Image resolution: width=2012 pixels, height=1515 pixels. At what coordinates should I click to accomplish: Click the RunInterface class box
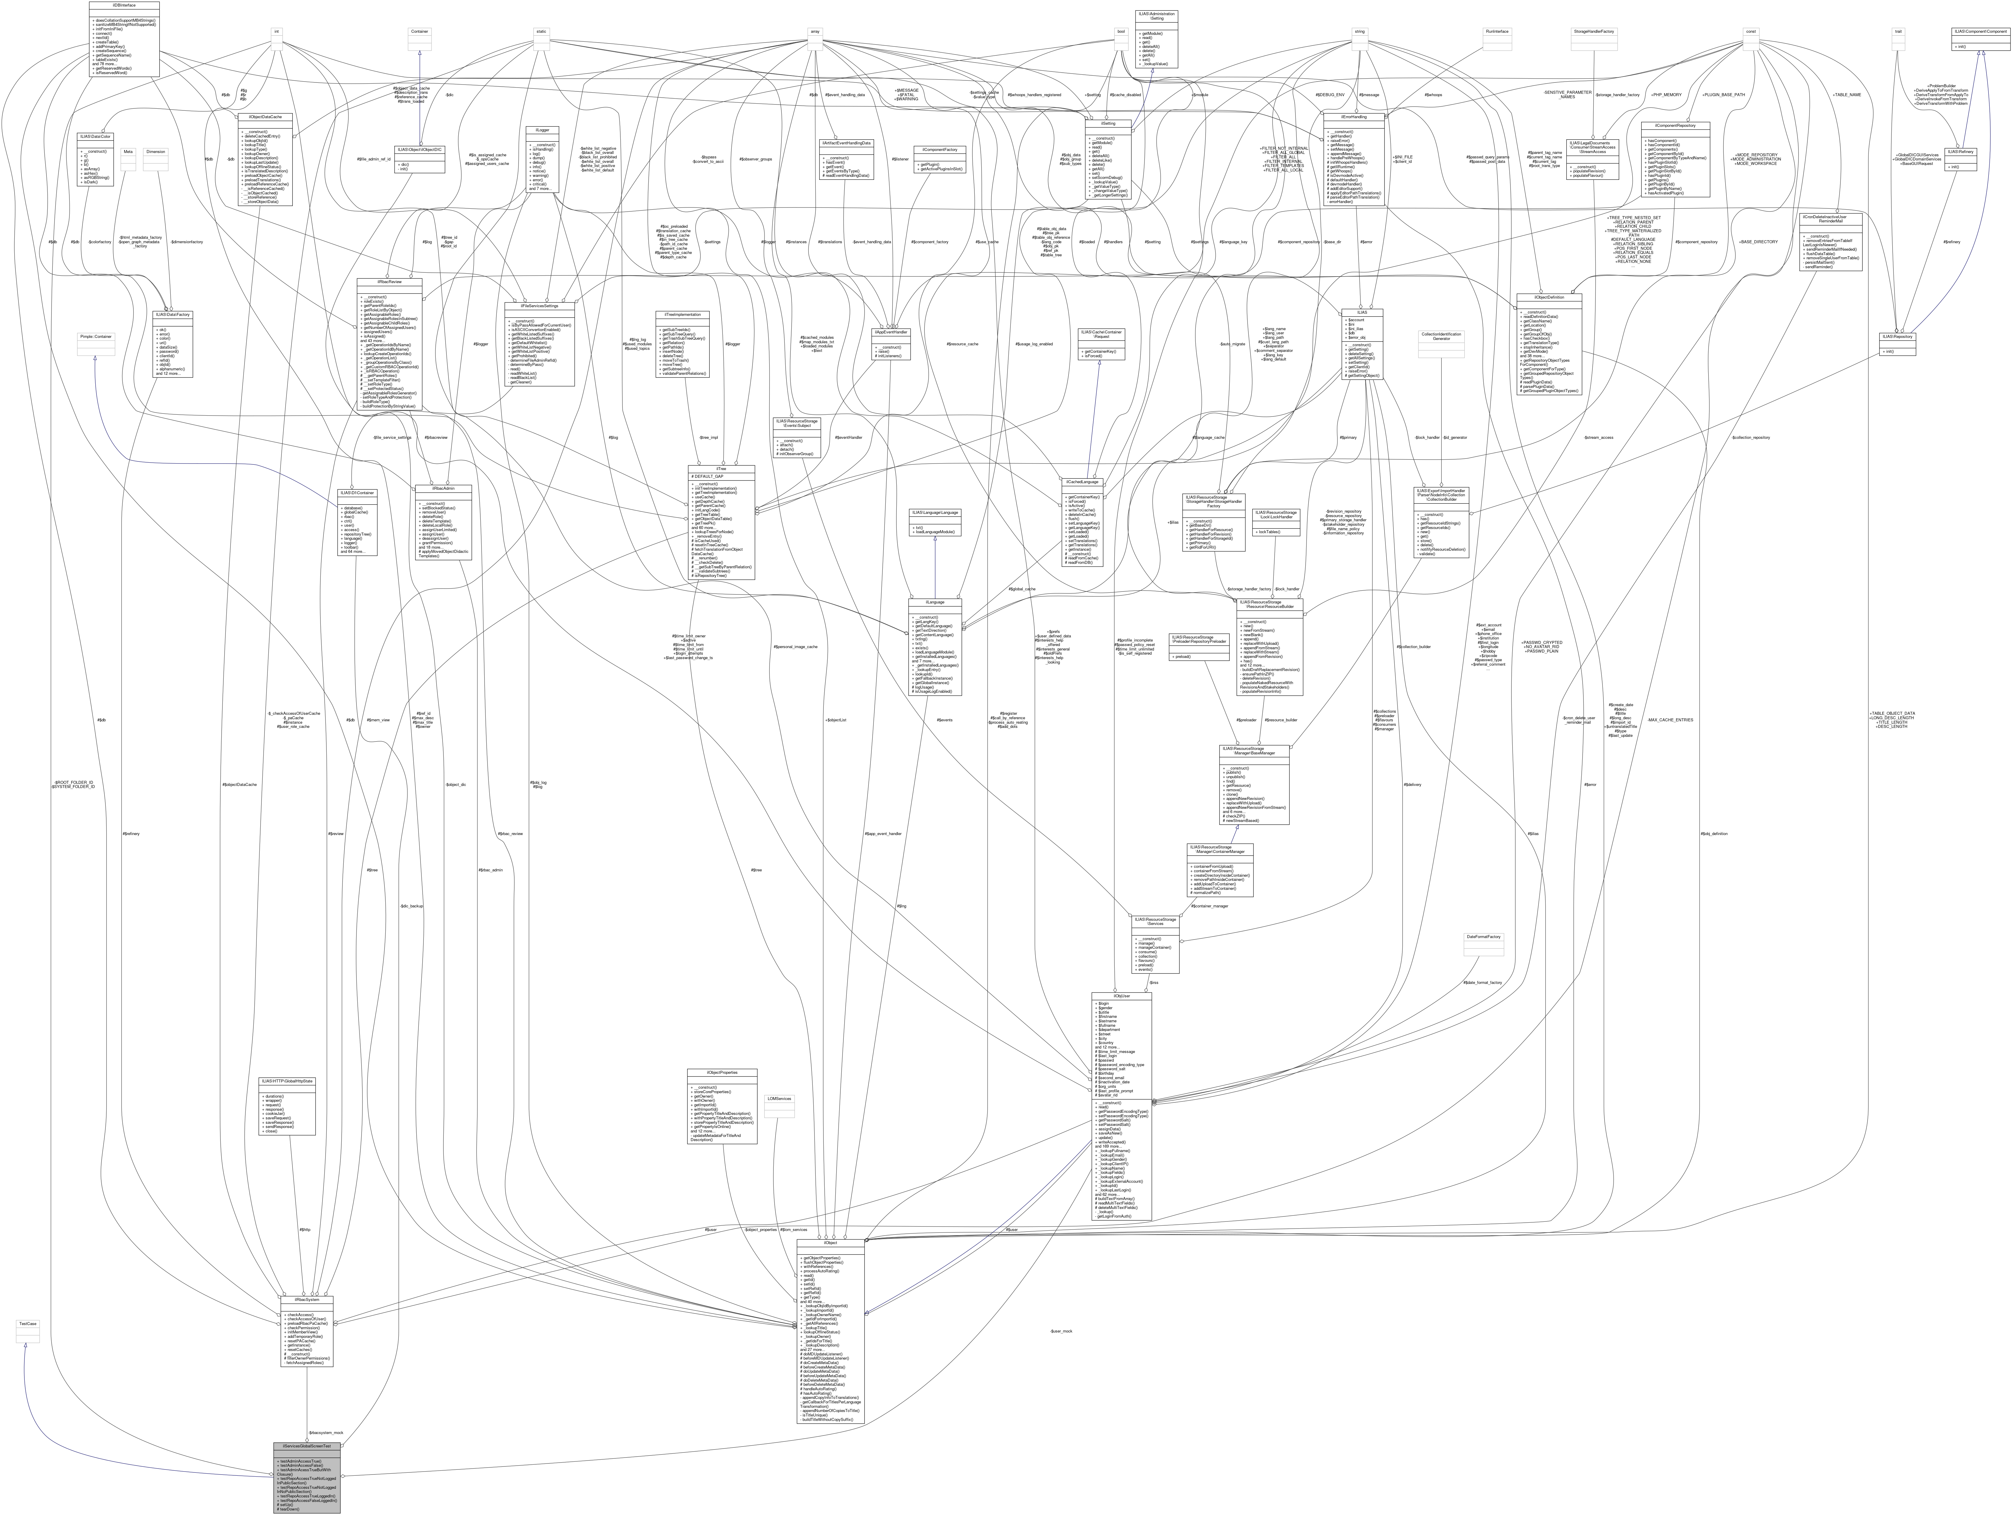click(x=1496, y=36)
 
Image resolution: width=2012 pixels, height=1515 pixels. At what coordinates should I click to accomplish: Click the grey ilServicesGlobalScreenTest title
click(x=306, y=1445)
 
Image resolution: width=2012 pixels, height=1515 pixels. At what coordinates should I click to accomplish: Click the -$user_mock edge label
click(x=1060, y=1330)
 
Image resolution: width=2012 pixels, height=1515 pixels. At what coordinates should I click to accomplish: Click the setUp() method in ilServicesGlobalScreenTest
click(x=285, y=1504)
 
